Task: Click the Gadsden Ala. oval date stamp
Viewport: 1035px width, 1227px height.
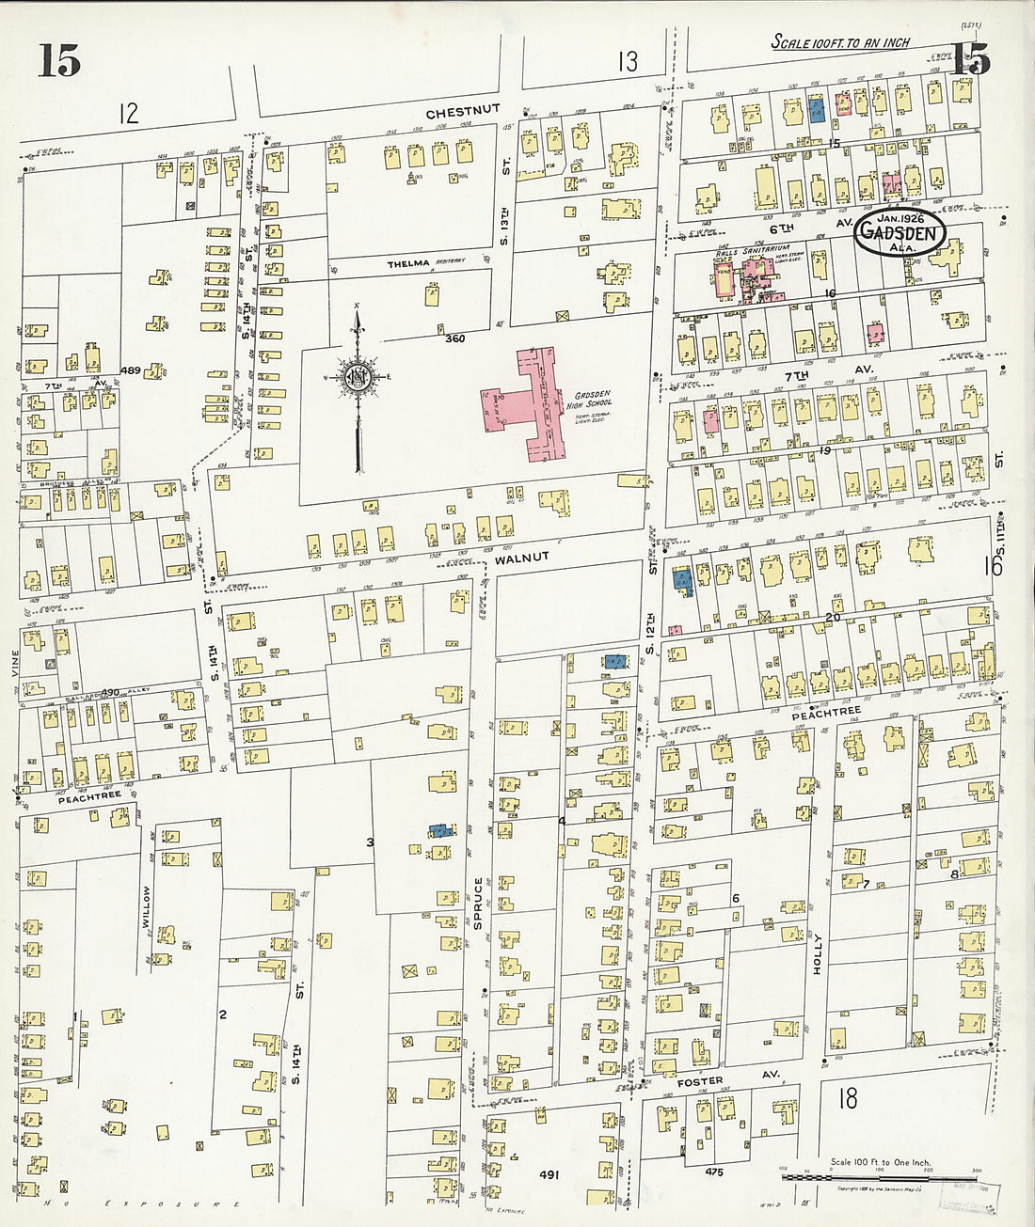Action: point(900,232)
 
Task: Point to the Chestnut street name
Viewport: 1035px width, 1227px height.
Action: point(462,112)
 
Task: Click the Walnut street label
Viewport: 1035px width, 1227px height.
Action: point(517,558)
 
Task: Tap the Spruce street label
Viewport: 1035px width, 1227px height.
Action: point(478,904)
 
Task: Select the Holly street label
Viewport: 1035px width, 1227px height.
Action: point(818,952)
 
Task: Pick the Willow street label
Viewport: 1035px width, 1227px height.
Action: point(147,906)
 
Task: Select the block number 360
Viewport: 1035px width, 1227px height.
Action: point(455,338)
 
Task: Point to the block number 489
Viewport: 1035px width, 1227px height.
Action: point(130,371)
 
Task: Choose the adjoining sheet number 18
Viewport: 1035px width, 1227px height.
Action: point(846,1097)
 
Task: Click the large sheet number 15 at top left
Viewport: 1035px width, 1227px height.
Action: point(58,61)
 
